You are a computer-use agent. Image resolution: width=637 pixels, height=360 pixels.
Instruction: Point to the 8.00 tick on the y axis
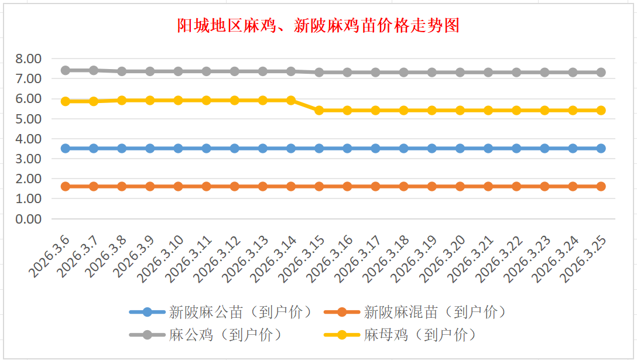[x=29, y=59]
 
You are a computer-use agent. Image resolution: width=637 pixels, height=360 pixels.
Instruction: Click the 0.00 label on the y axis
[x=29, y=219]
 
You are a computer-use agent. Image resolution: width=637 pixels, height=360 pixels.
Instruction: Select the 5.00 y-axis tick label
[x=29, y=119]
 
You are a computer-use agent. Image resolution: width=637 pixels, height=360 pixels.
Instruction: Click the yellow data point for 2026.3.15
[x=319, y=110]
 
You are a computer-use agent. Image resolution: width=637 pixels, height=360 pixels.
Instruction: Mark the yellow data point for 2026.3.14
[x=291, y=100]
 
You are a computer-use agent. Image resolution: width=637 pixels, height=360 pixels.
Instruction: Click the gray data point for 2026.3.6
[x=66, y=70]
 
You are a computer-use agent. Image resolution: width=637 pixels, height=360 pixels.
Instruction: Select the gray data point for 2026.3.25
[x=601, y=72]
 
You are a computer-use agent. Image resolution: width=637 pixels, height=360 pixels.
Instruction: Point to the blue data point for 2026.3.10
[x=178, y=148]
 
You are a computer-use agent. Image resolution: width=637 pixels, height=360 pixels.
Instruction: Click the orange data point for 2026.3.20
[x=460, y=186]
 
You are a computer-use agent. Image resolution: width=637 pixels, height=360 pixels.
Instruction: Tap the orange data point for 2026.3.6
[x=66, y=186]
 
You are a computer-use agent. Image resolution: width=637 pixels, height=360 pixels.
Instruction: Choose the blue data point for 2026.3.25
[x=601, y=148]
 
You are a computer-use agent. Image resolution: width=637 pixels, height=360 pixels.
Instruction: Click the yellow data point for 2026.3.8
[x=122, y=100]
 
